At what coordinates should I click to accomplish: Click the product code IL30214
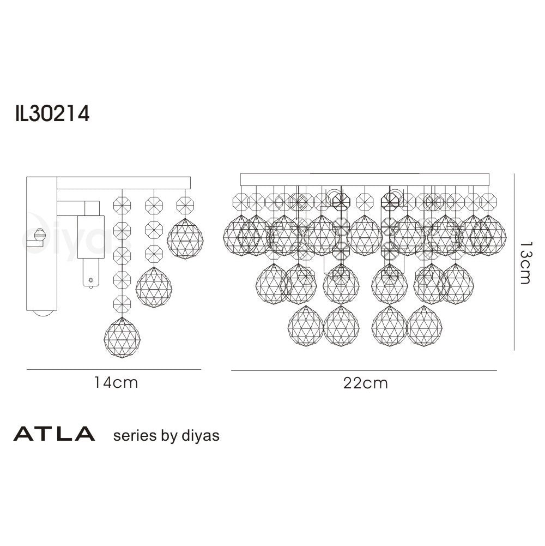coord(52,115)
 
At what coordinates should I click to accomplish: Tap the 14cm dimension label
coord(116,383)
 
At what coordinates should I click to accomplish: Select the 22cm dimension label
coord(366,383)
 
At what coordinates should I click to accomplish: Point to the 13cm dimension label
coord(524,263)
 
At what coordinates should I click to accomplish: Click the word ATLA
coord(54,435)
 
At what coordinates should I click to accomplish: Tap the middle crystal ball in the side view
coord(154,287)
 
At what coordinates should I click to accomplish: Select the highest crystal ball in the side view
coord(185,238)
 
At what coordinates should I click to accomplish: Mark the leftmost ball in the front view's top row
coord(240,235)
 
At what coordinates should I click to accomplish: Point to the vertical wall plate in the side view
coord(41,245)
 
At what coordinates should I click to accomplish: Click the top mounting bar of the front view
coord(365,179)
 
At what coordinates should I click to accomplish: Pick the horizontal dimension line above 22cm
coord(364,371)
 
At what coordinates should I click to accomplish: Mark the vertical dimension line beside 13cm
coord(515,262)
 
